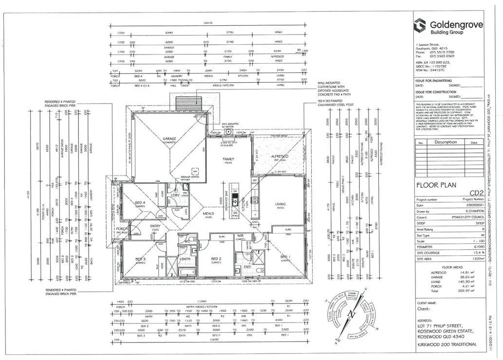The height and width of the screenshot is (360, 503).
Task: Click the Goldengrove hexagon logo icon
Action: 419,25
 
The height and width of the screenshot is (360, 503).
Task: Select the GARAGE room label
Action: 169,139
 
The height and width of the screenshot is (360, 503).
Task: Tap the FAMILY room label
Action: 228,159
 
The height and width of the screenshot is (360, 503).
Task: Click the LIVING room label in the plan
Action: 280,205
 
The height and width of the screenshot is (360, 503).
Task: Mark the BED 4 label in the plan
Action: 139,202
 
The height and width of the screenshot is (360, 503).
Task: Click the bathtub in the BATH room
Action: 187,272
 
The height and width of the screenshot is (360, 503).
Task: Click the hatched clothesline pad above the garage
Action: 185,104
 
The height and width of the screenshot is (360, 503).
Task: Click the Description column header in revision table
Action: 446,143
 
